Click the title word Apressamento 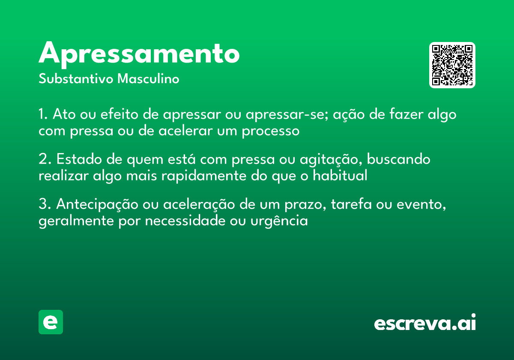[x=139, y=54]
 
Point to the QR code [x=452, y=65]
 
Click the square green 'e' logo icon [x=51, y=322]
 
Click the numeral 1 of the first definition [x=42, y=115]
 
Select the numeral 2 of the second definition [x=42, y=159]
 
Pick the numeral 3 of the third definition [x=42, y=204]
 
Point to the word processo [x=270, y=131]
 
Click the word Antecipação [x=97, y=205]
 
